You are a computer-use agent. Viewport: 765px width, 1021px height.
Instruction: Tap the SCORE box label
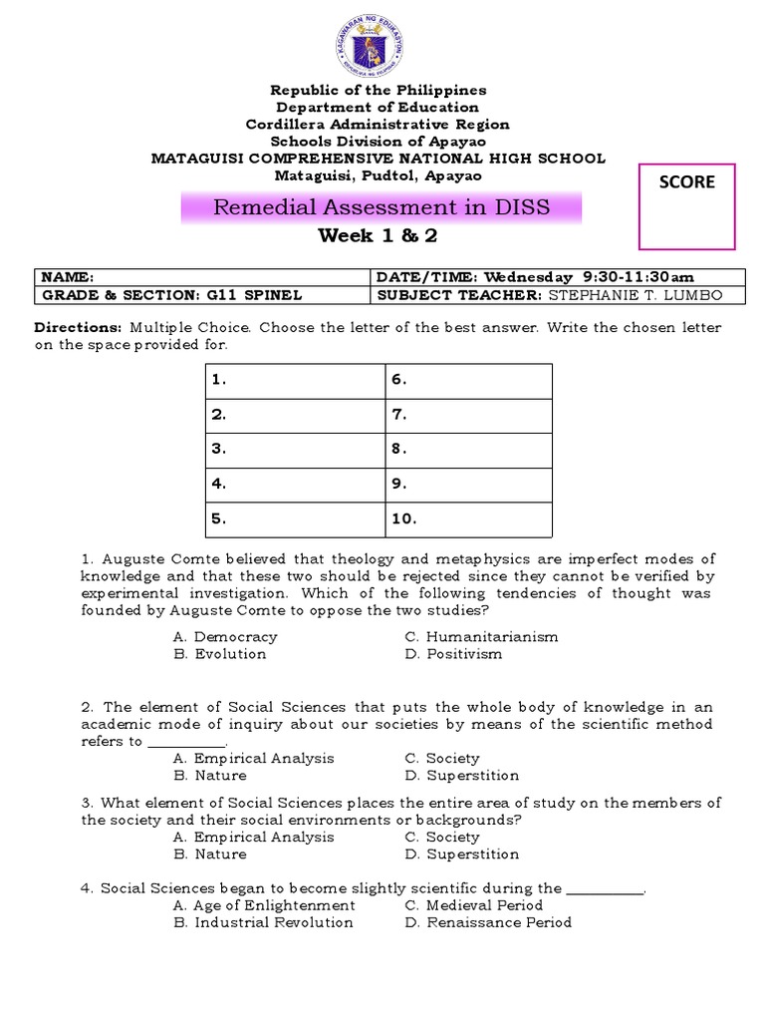(x=686, y=181)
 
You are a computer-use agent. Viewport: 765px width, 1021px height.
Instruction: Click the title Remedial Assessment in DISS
(x=382, y=208)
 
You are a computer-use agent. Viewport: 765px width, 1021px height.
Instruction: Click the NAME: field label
(x=68, y=277)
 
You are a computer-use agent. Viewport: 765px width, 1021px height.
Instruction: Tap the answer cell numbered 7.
(x=468, y=415)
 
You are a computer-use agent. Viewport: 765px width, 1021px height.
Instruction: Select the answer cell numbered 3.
(x=296, y=450)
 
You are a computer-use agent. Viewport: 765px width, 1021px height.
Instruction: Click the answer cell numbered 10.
(x=468, y=518)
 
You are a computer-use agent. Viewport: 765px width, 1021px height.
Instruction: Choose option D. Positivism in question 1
(x=453, y=654)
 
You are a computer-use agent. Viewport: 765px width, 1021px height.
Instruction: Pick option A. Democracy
(x=225, y=636)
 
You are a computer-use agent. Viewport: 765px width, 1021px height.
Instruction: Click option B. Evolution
(x=220, y=654)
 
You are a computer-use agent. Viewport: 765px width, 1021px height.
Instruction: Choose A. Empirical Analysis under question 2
(x=253, y=758)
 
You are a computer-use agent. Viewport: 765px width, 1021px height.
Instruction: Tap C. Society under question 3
(x=442, y=837)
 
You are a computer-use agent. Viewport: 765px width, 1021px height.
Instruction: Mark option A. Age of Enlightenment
(x=264, y=905)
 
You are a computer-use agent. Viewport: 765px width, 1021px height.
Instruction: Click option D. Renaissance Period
(x=488, y=922)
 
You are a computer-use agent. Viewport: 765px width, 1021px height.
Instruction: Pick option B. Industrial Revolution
(x=263, y=922)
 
